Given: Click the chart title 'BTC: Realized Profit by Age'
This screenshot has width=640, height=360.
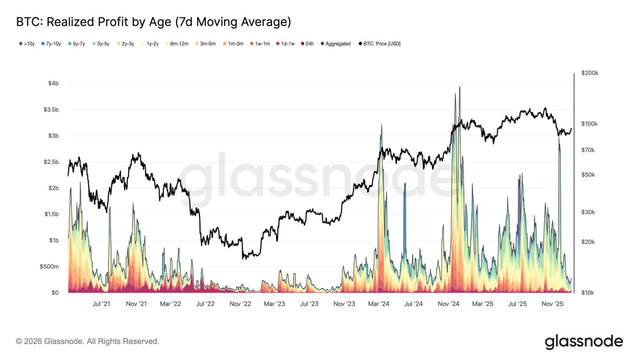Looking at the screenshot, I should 153,22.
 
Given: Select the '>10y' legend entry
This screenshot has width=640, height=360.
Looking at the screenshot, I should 27,44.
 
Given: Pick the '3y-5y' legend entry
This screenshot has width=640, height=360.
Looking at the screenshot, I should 101,44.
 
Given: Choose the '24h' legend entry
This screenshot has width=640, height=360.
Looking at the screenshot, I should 308,44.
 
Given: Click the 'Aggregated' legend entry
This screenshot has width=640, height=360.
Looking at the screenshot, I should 336,44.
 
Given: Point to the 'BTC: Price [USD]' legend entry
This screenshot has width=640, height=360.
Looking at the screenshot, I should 380,44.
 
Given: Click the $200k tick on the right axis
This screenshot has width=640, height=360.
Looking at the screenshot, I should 590,73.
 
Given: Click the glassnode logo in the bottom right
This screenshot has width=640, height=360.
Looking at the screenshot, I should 584,341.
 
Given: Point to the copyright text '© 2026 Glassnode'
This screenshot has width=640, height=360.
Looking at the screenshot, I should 88,341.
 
